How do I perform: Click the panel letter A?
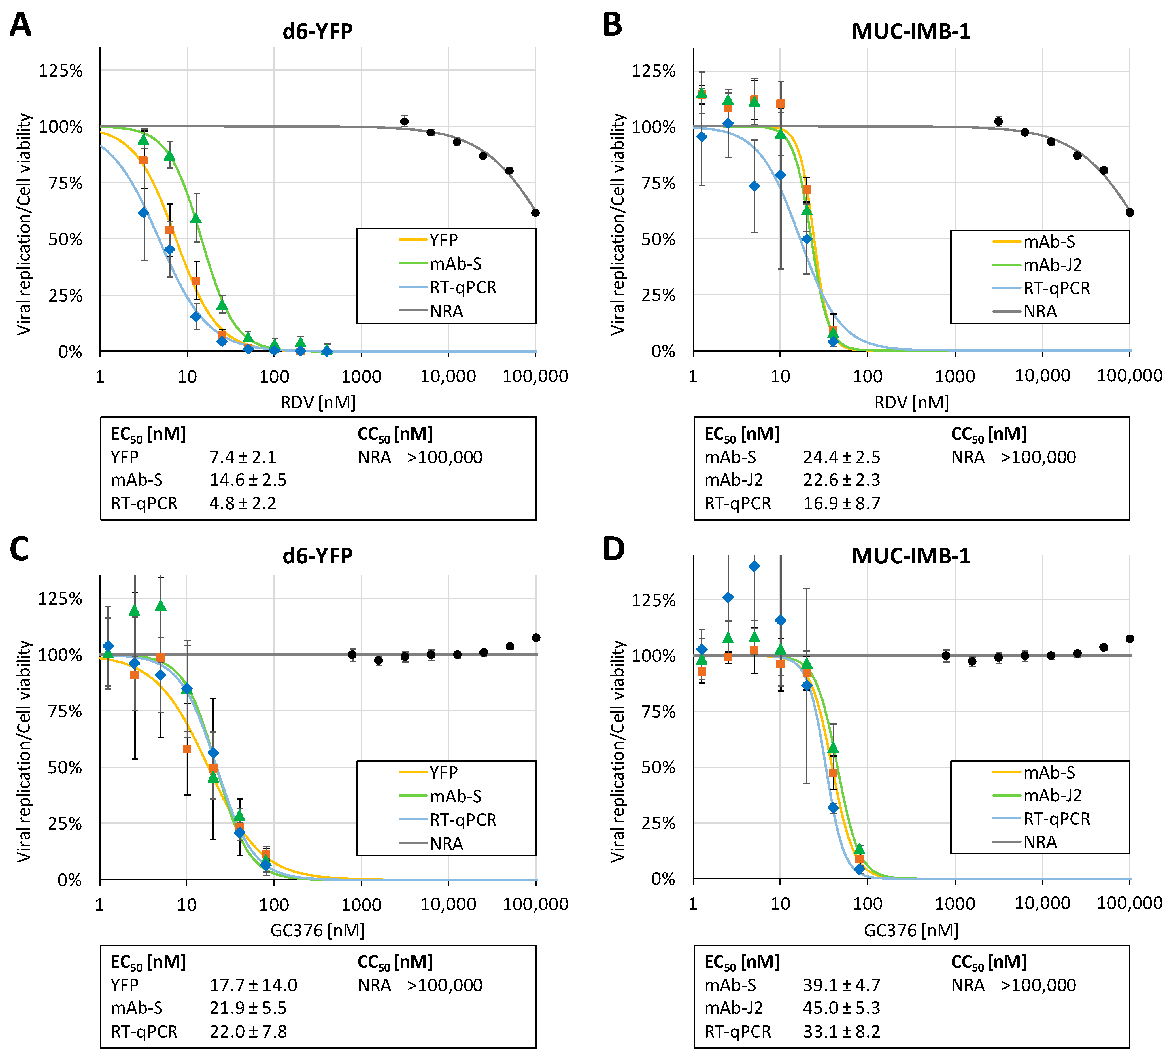21,26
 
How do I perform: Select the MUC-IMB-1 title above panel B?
911,31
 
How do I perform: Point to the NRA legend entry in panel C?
446,843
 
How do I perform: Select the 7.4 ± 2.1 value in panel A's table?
243,457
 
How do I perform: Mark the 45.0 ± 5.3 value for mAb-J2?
841,1008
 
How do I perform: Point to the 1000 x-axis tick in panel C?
361,904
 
